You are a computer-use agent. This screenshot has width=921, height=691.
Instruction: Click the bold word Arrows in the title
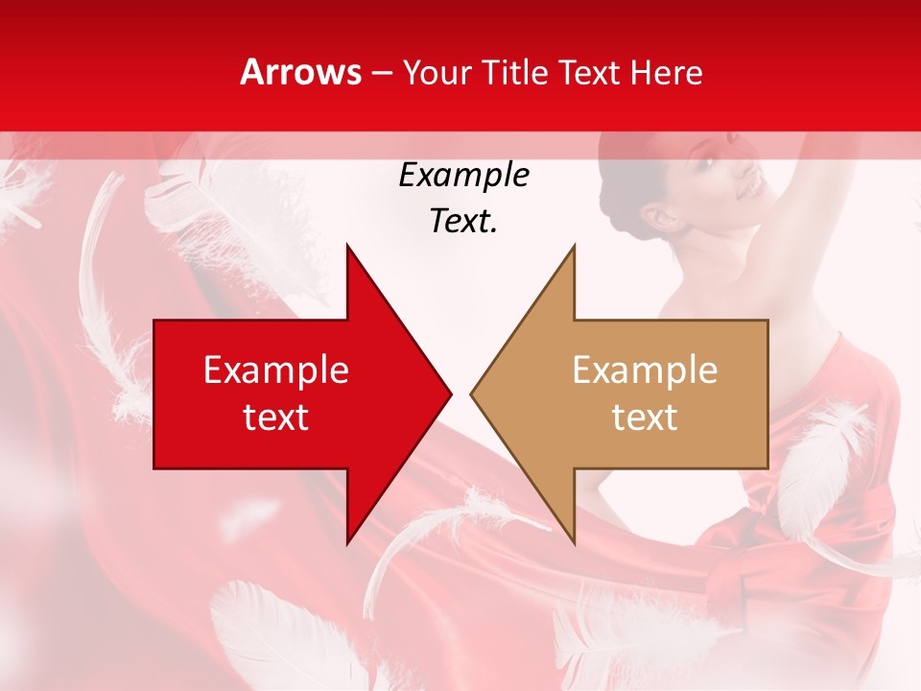click(301, 73)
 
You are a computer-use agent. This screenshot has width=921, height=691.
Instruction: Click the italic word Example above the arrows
click(463, 175)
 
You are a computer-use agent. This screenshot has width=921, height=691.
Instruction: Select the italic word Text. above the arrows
click(463, 221)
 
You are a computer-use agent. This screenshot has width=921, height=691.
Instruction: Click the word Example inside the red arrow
click(276, 370)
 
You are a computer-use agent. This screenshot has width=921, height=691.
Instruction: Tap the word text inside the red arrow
click(276, 417)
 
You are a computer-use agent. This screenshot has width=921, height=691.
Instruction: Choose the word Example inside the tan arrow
click(645, 370)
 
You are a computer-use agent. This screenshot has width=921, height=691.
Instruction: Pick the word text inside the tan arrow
click(645, 417)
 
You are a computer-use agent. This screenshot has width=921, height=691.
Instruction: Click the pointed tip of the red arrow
click(450, 393)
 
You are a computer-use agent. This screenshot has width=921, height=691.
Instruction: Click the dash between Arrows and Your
click(381, 73)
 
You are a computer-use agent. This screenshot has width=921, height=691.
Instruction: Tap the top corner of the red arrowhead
click(347, 246)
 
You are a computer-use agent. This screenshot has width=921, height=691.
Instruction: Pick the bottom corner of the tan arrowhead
click(574, 542)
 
